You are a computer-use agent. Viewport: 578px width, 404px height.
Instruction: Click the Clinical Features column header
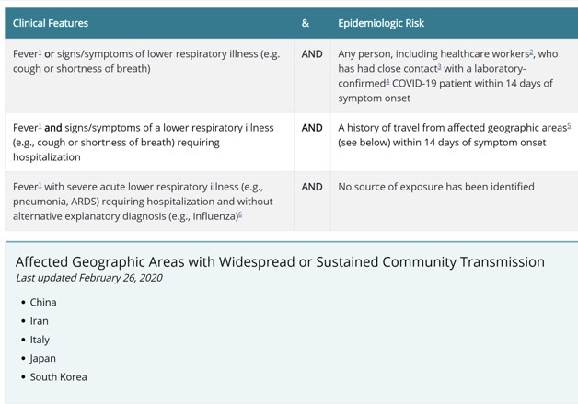click(x=51, y=23)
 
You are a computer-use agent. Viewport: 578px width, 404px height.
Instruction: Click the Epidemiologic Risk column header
click(x=381, y=23)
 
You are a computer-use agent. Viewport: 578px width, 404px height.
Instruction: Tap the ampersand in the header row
click(x=306, y=23)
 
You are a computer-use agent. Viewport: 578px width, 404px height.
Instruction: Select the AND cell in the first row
click(x=312, y=54)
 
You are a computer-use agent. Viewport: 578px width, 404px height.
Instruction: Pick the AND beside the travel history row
click(x=312, y=128)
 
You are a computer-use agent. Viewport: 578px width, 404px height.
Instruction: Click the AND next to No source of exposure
click(x=312, y=187)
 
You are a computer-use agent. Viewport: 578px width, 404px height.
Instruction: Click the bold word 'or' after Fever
click(x=49, y=54)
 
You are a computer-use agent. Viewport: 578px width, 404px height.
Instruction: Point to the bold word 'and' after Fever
click(x=53, y=128)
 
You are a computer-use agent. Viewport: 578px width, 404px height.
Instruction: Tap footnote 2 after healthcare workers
click(x=532, y=52)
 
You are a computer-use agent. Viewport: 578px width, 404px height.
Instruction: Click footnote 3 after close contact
click(x=439, y=66)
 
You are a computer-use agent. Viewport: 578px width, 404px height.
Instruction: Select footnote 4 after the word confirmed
click(x=387, y=81)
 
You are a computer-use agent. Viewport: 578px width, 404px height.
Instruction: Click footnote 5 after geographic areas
click(x=569, y=125)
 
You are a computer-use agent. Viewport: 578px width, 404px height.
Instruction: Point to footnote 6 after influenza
click(x=240, y=214)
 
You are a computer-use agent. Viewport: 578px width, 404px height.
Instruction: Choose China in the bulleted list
click(x=43, y=302)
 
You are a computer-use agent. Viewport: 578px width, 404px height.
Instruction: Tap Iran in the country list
click(x=39, y=321)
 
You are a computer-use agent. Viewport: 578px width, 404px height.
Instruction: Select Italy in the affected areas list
click(x=40, y=340)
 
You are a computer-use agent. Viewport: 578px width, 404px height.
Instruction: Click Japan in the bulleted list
click(x=42, y=359)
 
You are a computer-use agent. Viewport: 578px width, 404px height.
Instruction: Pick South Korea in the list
click(x=58, y=377)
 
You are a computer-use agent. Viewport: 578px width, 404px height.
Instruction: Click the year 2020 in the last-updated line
click(x=151, y=278)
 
